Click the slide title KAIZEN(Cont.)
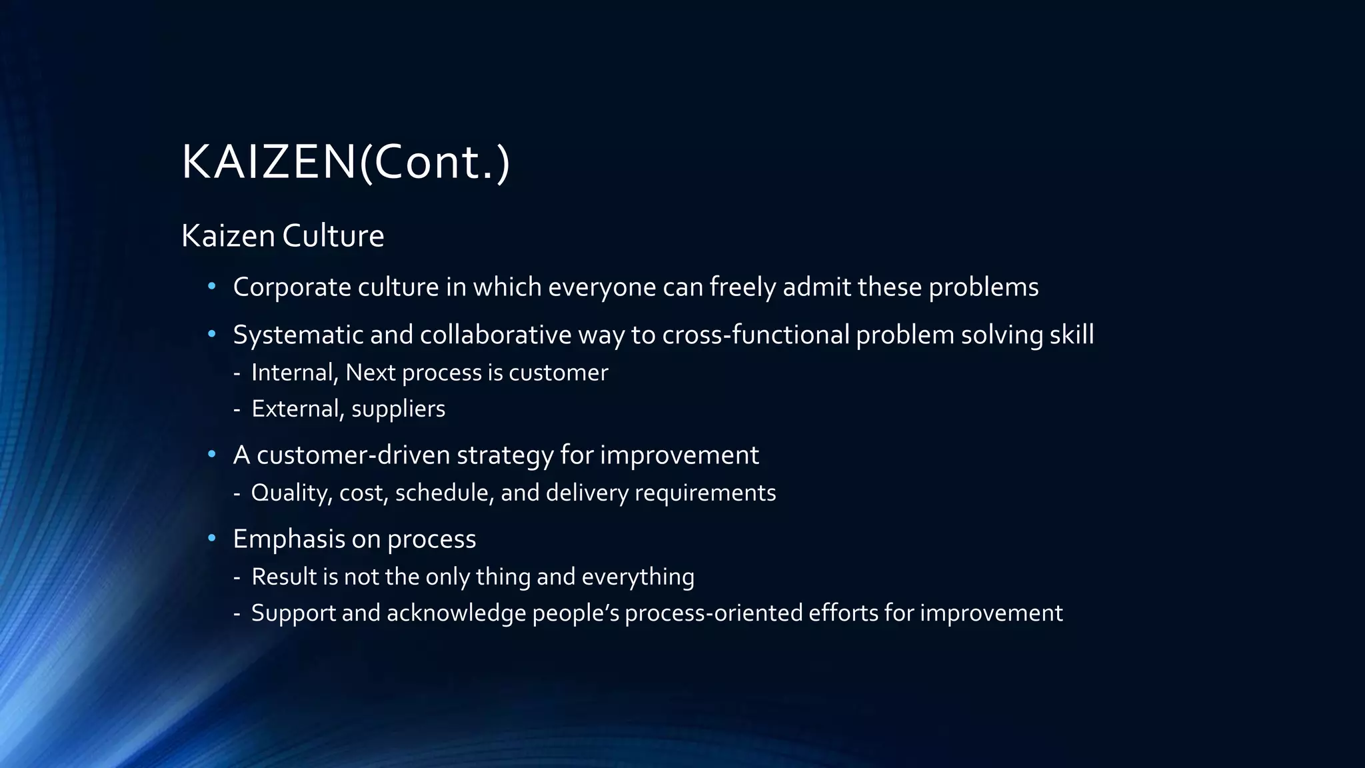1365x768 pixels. pos(345,162)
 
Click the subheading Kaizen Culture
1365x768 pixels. pos(283,236)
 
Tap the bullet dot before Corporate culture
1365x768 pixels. pos(212,287)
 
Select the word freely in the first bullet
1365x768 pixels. pos(742,287)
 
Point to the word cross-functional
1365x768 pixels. pos(755,335)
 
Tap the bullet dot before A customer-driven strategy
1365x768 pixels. pos(212,455)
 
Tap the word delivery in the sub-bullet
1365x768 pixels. pos(587,493)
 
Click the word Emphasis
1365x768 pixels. pos(289,539)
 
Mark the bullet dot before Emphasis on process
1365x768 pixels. pos(212,539)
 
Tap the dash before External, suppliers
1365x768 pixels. pos(237,409)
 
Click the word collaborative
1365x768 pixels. pos(495,335)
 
